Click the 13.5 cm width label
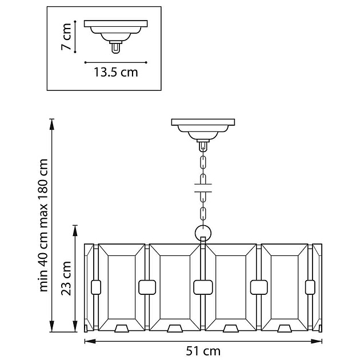(115, 73)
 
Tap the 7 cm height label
(67, 38)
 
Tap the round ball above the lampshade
(203, 233)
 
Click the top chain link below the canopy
(203, 147)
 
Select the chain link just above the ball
(203, 215)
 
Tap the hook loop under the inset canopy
(115, 47)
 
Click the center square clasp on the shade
(203, 285)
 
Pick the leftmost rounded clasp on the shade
(95, 285)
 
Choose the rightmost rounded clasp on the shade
(310, 285)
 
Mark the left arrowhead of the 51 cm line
(87, 342)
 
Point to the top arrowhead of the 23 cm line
(75, 227)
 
